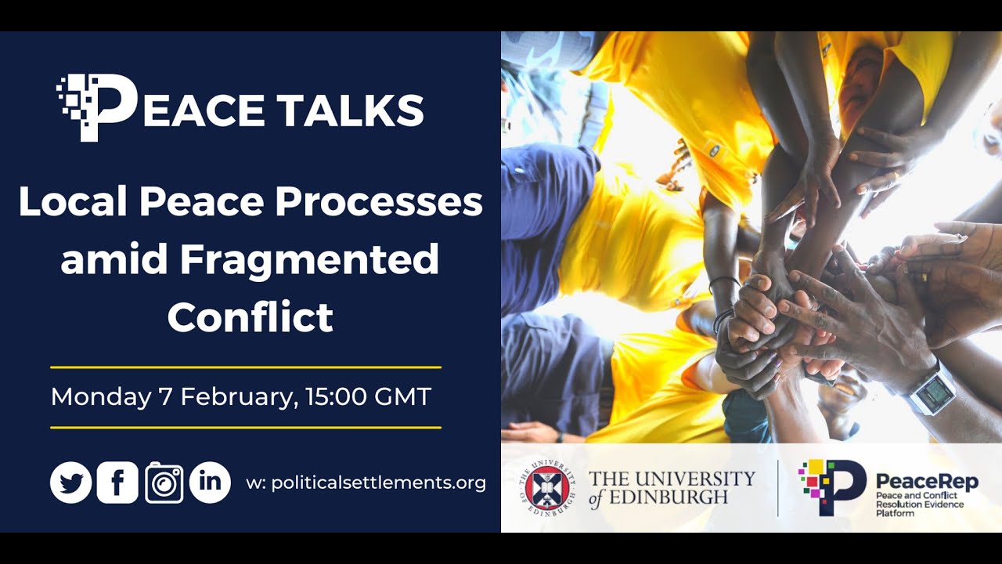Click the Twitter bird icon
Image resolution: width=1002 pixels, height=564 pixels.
pyautogui.click(x=71, y=483)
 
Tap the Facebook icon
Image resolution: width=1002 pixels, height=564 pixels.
pyautogui.click(x=117, y=483)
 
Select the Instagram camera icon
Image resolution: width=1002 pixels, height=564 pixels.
pyautogui.click(x=164, y=483)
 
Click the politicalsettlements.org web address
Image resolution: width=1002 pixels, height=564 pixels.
pyautogui.click(x=378, y=483)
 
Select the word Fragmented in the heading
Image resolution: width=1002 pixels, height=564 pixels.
pyautogui.click(x=309, y=260)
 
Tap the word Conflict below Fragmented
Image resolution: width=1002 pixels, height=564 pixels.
pyautogui.click(x=250, y=317)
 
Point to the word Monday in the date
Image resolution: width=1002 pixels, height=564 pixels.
pyautogui.click(x=100, y=396)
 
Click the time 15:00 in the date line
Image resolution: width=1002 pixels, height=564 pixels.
pyautogui.click(x=336, y=396)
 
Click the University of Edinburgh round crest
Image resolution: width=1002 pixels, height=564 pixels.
pyautogui.click(x=549, y=487)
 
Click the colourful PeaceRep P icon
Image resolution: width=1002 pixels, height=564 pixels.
pyautogui.click(x=831, y=487)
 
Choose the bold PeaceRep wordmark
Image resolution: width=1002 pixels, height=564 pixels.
pyautogui.click(x=927, y=481)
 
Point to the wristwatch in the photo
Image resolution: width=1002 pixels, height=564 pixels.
pyautogui.click(x=931, y=391)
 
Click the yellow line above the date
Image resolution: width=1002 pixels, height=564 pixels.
pyautogui.click(x=246, y=367)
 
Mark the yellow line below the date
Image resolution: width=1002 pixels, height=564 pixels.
pyautogui.click(x=246, y=428)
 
